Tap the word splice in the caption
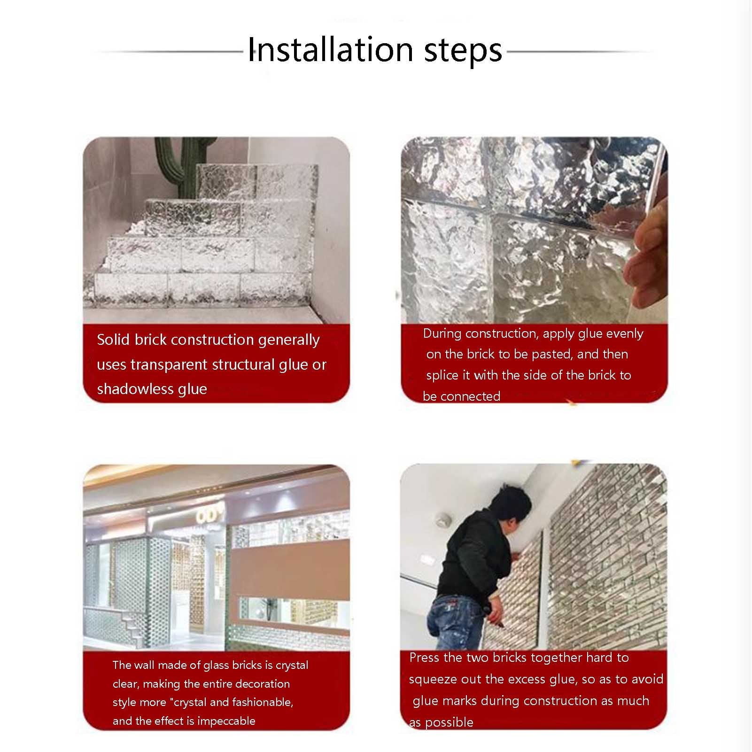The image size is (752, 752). [442, 375]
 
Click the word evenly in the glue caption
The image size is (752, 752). [625, 334]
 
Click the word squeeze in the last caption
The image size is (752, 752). [433, 680]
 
